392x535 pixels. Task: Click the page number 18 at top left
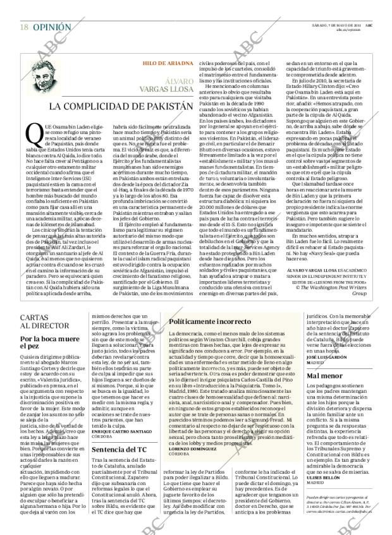(24, 9)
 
